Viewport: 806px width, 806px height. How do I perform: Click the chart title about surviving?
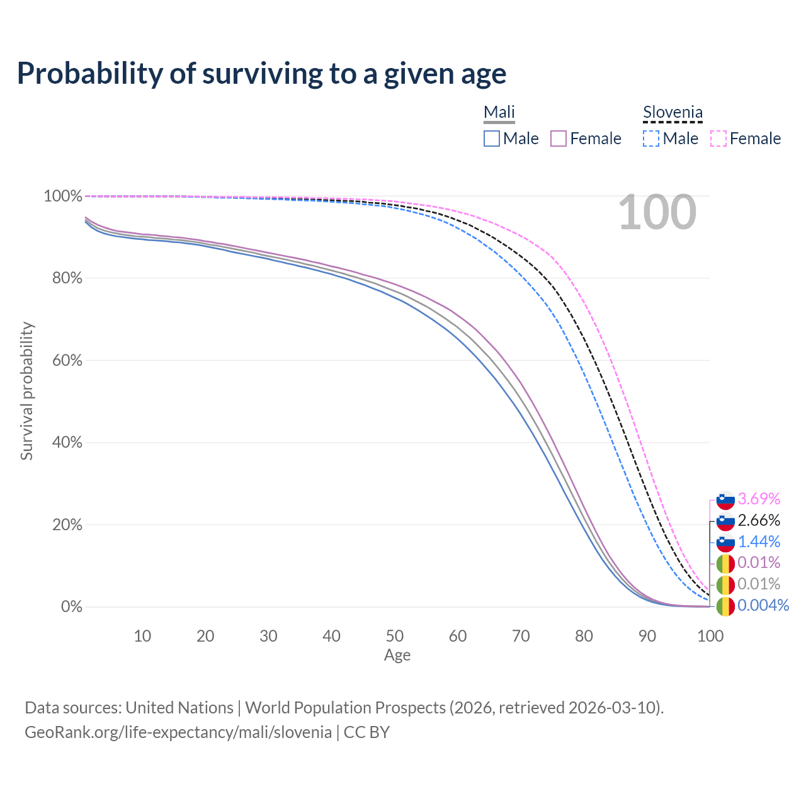click(261, 74)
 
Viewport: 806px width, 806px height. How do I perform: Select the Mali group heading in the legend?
click(499, 113)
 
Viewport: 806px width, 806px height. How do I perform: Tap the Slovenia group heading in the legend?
click(673, 113)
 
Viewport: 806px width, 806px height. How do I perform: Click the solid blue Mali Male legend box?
click(492, 139)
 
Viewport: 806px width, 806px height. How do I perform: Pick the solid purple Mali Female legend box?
click(559, 139)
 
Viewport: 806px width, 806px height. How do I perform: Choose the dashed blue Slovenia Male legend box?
click(651, 139)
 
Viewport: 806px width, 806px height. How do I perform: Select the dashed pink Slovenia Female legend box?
click(718, 139)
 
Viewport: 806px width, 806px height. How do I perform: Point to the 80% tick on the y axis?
click(63, 278)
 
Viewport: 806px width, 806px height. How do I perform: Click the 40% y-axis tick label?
click(63, 443)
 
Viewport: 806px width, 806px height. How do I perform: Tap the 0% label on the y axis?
click(71, 607)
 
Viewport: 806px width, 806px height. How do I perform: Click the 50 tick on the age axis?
click(395, 636)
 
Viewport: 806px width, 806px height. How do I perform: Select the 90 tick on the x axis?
click(647, 636)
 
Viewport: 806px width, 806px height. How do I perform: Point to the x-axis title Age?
click(397, 656)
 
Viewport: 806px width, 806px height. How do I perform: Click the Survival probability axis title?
click(26, 391)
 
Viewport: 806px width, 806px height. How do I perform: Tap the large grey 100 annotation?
click(657, 213)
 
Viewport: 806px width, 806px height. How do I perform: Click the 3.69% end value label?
click(759, 499)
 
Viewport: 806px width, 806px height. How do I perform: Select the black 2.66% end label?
click(759, 520)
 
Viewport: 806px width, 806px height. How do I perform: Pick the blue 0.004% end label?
click(763, 606)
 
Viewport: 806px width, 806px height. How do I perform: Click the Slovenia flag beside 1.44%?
click(725, 542)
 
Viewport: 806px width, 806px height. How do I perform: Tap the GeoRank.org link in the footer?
click(178, 732)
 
